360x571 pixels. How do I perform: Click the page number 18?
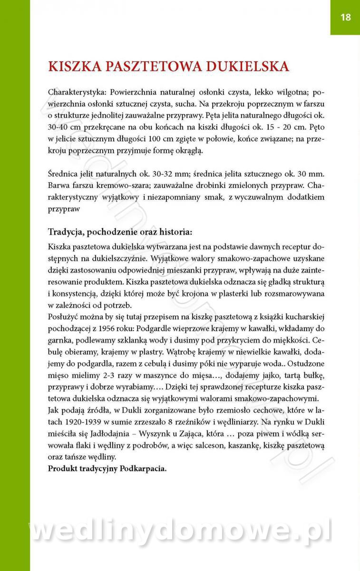click(345, 18)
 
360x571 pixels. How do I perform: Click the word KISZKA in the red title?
click(77, 66)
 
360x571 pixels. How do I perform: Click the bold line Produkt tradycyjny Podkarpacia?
click(107, 468)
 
